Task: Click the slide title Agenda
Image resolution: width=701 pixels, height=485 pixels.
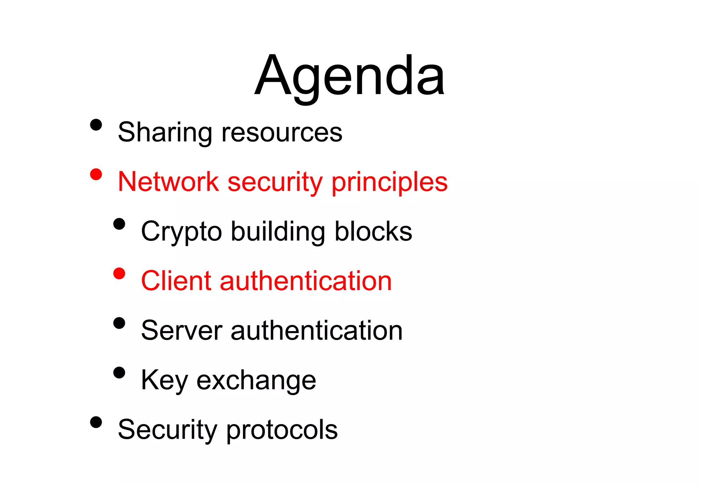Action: (350, 76)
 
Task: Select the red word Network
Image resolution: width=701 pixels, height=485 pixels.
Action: (168, 182)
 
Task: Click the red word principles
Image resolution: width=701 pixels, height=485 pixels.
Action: (390, 182)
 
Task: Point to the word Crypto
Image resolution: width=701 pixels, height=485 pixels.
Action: (181, 232)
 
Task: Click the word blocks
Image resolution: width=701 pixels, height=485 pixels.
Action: (373, 232)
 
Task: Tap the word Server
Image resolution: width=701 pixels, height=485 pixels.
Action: (182, 330)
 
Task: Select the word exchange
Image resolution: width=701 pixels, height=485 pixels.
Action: (256, 380)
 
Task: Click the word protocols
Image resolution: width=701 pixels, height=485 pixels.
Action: (282, 430)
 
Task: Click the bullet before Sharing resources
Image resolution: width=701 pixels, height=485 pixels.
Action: (96, 125)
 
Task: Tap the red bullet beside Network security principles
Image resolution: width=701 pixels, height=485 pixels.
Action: (96, 174)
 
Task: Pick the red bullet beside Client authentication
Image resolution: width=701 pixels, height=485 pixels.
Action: (119, 274)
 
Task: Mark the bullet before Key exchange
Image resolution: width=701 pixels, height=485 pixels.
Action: (119, 372)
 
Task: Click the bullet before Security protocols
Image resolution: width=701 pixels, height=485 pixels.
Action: (96, 422)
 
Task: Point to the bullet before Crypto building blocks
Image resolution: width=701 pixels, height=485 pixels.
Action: (119, 224)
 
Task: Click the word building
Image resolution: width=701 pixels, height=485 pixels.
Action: (278, 232)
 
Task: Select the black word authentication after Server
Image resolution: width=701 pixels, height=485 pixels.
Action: (317, 330)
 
